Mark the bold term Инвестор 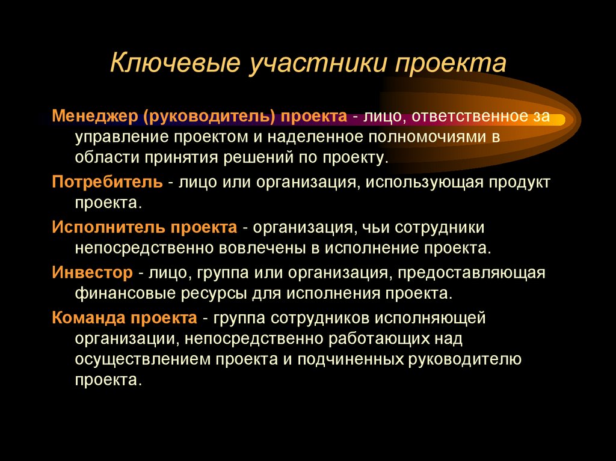coord(91,273)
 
